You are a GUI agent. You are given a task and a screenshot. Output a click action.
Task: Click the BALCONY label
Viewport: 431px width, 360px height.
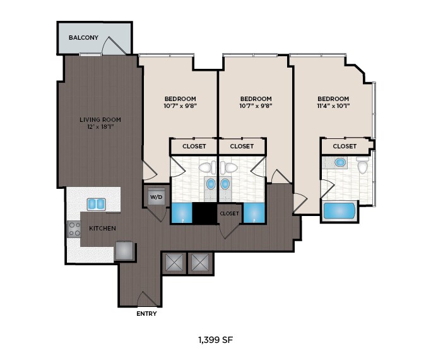pos(83,37)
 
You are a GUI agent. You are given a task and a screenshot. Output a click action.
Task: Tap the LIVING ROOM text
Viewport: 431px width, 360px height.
pos(100,119)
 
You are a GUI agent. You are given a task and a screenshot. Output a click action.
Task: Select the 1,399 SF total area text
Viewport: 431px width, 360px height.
pos(216,340)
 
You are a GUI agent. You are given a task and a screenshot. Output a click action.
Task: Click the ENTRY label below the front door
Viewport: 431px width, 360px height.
pos(146,313)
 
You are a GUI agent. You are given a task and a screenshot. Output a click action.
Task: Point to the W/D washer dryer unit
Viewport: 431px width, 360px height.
pos(156,196)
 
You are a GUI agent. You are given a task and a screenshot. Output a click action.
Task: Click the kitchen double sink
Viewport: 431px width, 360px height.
pos(97,204)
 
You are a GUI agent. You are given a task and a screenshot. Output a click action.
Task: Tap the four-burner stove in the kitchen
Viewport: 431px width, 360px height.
pos(74,229)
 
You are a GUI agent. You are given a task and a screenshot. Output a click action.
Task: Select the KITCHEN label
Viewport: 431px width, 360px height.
pos(102,228)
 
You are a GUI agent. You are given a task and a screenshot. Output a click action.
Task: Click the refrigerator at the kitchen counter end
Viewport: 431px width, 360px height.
pos(124,251)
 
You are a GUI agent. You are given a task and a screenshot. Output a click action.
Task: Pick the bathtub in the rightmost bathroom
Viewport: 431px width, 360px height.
pos(339,211)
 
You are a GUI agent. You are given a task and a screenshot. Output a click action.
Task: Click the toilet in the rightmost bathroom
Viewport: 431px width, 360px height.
pos(363,165)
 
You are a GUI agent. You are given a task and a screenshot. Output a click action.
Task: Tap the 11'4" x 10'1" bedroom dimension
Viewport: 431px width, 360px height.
pos(333,106)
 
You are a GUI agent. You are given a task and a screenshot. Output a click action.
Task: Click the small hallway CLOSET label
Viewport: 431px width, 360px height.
pos(229,213)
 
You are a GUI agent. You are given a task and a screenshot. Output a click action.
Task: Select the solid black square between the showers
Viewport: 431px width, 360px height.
pos(204,213)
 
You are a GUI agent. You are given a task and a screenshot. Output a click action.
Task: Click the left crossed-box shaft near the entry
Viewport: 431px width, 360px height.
pos(174,263)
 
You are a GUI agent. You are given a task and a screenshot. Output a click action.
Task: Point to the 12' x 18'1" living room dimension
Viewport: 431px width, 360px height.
pos(100,127)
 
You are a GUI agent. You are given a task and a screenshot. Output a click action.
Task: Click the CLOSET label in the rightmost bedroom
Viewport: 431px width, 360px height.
pos(345,146)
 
